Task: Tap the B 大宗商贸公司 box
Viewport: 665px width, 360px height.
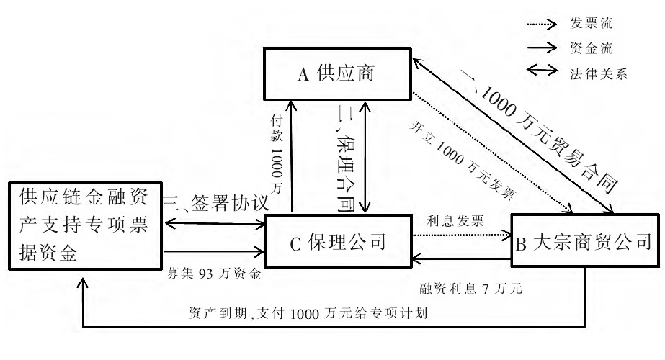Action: click(x=585, y=242)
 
